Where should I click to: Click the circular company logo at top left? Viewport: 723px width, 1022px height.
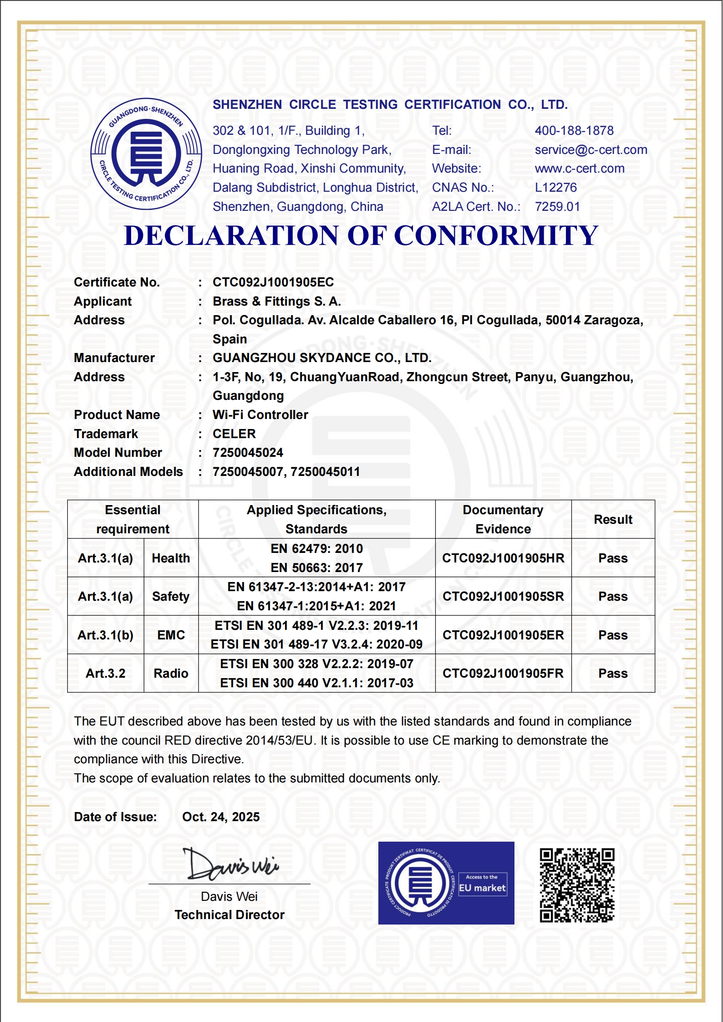146,154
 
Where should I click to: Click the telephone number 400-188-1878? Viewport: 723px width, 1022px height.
574,131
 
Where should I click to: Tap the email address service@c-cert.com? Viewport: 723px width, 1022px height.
591,150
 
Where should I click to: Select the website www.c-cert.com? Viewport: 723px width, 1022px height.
579,169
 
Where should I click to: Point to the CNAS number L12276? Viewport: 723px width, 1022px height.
555,188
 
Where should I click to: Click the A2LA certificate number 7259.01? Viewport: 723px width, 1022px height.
557,207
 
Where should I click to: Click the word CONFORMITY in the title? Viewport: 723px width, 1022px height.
495,236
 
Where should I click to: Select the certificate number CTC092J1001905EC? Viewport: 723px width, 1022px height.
273,282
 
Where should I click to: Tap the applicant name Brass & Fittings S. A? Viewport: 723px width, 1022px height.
276,301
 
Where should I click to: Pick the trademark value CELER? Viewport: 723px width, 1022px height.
234,434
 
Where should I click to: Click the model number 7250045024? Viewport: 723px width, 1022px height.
248,453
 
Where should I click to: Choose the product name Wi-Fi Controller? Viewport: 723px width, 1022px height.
260,415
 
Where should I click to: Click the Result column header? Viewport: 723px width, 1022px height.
613,520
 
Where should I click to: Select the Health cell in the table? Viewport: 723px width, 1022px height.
171,558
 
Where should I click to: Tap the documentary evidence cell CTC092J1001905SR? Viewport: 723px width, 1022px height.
503,597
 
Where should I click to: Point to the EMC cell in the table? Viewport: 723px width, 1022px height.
171,635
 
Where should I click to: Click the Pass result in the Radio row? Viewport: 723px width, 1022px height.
613,674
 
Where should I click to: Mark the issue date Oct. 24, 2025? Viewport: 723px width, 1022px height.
221,817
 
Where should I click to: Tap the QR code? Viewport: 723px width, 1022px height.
577,885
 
